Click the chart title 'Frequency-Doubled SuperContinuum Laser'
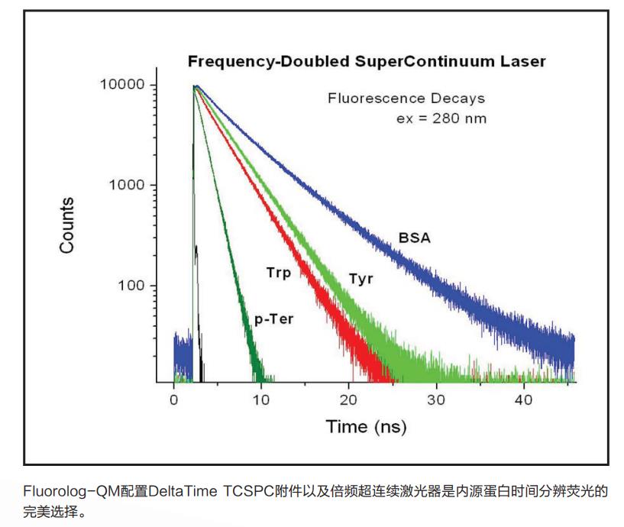[x=367, y=61]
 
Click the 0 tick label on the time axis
[x=173, y=399]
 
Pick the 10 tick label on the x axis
[x=261, y=399]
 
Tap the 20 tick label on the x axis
[x=349, y=399]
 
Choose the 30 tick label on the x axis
[x=436, y=399]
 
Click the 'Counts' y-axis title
[x=67, y=225]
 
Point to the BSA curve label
[x=414, y=238]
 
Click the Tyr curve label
[x=360, y=278]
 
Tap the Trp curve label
[x=278, y=272]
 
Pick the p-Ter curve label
[x=273, y=320]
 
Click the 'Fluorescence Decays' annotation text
[x=406, y=99]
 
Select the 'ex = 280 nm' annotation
[x=441, y=118]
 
